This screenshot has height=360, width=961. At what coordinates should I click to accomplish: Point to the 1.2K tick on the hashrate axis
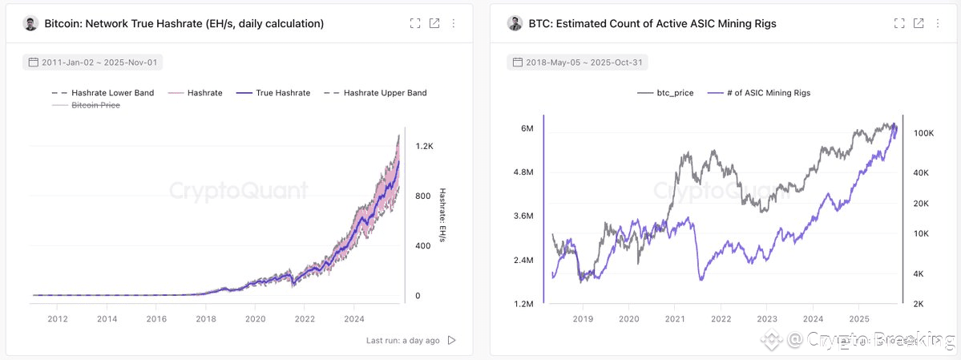[424, 146]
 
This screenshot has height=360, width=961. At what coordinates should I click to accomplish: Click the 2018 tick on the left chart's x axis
[206, 319]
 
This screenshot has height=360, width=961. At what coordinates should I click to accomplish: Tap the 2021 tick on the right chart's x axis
[674, 319]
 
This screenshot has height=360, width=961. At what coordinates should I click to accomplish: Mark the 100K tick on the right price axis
[923, 133]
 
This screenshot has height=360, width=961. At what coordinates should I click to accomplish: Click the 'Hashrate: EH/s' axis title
[442, 216]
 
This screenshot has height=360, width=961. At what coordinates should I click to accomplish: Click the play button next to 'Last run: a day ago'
[451, 340]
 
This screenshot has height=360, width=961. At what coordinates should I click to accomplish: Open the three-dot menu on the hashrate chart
[454, 24]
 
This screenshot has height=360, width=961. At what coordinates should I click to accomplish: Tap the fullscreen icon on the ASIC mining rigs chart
[899, 24]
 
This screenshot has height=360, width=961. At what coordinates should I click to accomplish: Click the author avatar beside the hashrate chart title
[31, 24]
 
